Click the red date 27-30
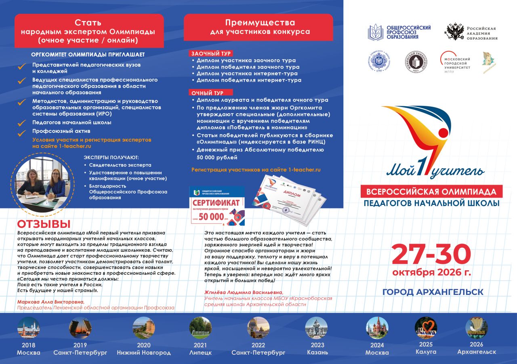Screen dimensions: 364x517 tap(431, 255)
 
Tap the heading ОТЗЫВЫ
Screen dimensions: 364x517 tap(44, 224)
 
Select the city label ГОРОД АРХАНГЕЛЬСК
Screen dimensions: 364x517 tap(433, 292)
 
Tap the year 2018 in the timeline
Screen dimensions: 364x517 tap(28, 345)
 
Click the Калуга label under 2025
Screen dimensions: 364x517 tap(426, 352)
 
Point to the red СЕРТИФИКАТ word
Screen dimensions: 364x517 tap(216, 202)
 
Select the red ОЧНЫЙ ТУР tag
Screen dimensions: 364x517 tap(206, 93)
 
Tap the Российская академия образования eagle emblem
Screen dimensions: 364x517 tap(454, 32)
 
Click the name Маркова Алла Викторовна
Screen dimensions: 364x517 tap(50, 302)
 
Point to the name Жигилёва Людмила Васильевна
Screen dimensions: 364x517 tap(244, 292)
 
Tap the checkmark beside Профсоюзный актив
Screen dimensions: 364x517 tap(22, 132)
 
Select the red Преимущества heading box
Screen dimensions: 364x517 tap(258, 27)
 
